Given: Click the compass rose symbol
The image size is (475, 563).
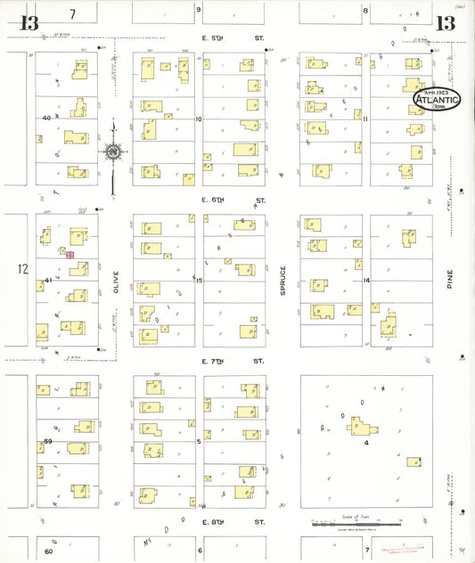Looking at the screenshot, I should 113,152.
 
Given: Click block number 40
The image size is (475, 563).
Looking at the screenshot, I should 45,118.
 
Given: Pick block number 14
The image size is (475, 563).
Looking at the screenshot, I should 365,280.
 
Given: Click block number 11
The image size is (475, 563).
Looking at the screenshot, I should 365,118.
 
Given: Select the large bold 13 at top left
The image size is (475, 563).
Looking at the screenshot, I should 29,23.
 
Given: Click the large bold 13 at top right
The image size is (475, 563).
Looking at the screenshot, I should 445,23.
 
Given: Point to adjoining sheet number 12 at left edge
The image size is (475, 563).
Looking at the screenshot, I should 22,268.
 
